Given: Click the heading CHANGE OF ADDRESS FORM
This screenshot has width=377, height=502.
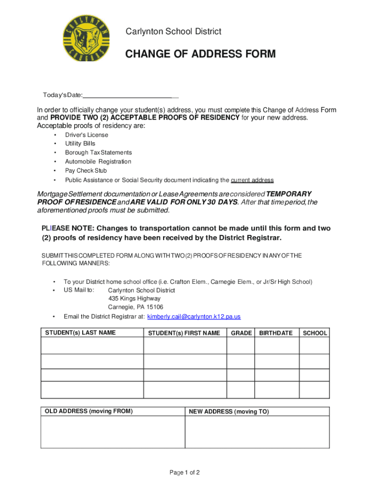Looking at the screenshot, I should pos(200,54).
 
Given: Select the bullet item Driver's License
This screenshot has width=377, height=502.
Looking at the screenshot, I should pos(87,135).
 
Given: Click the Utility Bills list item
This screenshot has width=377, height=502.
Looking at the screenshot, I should pos(80,144).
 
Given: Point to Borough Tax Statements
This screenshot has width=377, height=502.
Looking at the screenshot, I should pos(98,152).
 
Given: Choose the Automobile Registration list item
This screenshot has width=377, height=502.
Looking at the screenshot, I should pos(98,161).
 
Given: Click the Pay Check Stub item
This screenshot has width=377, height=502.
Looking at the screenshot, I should pos(86,171).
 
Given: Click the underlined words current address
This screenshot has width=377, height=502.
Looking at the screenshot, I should pos(252,180).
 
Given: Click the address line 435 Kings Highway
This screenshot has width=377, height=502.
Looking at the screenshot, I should pos(134,299).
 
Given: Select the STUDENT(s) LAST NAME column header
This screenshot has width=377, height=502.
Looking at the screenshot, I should pos(80,333).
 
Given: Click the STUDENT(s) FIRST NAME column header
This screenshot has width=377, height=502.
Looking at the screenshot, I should pos(184,333).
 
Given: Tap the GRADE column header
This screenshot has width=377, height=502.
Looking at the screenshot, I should pos(241,333).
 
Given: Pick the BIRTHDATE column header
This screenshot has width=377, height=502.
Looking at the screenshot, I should pos(276,333).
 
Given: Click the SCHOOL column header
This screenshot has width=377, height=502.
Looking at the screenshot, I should pos(315,333).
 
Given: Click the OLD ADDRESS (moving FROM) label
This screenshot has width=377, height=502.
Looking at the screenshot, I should pos(89,411).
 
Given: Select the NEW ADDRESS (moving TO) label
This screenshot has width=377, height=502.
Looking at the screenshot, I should pos(229,412).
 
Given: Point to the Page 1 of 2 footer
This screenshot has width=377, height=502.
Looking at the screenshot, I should pos(185,473).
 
